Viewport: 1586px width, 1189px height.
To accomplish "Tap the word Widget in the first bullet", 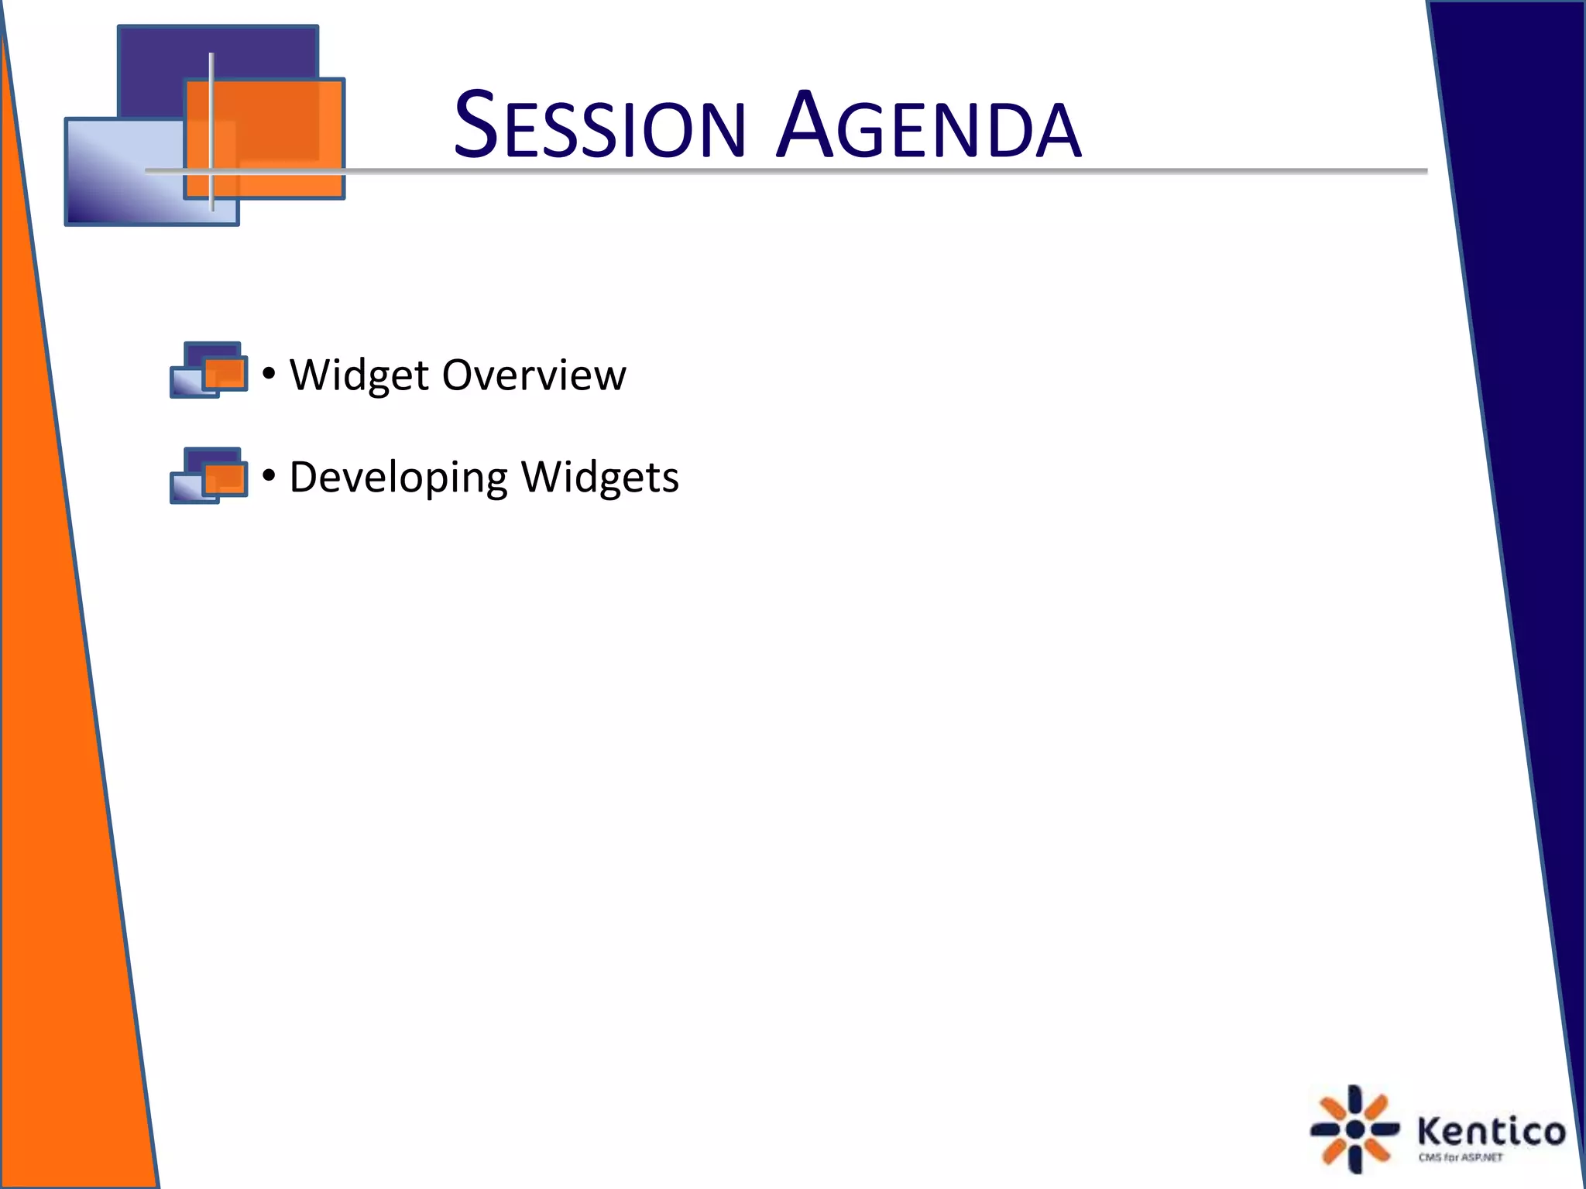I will point(359,375).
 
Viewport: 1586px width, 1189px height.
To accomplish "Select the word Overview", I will point(534,375).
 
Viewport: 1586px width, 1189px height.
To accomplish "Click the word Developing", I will point(397,478).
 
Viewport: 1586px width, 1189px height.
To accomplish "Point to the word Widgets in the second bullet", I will point(599,478).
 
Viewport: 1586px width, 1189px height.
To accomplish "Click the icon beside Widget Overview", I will point(209,370).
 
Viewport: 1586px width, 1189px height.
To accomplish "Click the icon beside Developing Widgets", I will point(209,475).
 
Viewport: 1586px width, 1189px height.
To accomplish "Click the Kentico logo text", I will point(1491,1132).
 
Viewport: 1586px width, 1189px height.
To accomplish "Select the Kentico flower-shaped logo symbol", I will point(1354,1129).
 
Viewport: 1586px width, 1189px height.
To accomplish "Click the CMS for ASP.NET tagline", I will point(1461,1158).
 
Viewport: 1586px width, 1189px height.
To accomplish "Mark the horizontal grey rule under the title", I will point(852,170).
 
